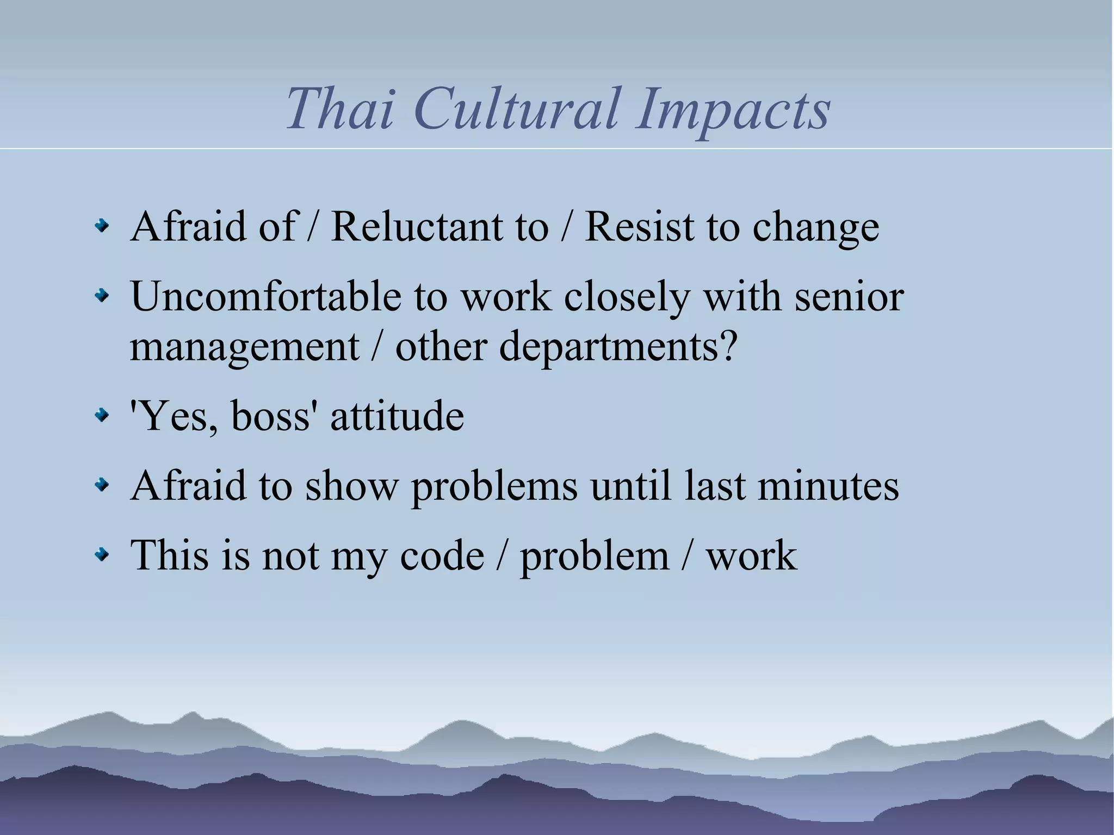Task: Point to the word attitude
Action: [397, 416]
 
